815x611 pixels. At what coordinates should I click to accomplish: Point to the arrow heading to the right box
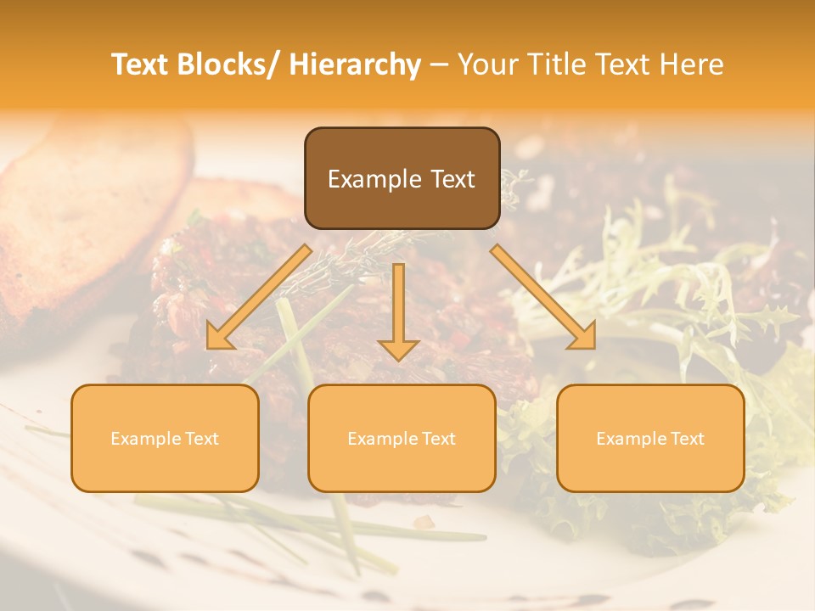pos(543,297)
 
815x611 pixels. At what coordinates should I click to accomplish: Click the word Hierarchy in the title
pos(355,64)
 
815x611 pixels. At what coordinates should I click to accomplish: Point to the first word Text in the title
pos(142,64)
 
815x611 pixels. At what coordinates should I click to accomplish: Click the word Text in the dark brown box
pos(451,179)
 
